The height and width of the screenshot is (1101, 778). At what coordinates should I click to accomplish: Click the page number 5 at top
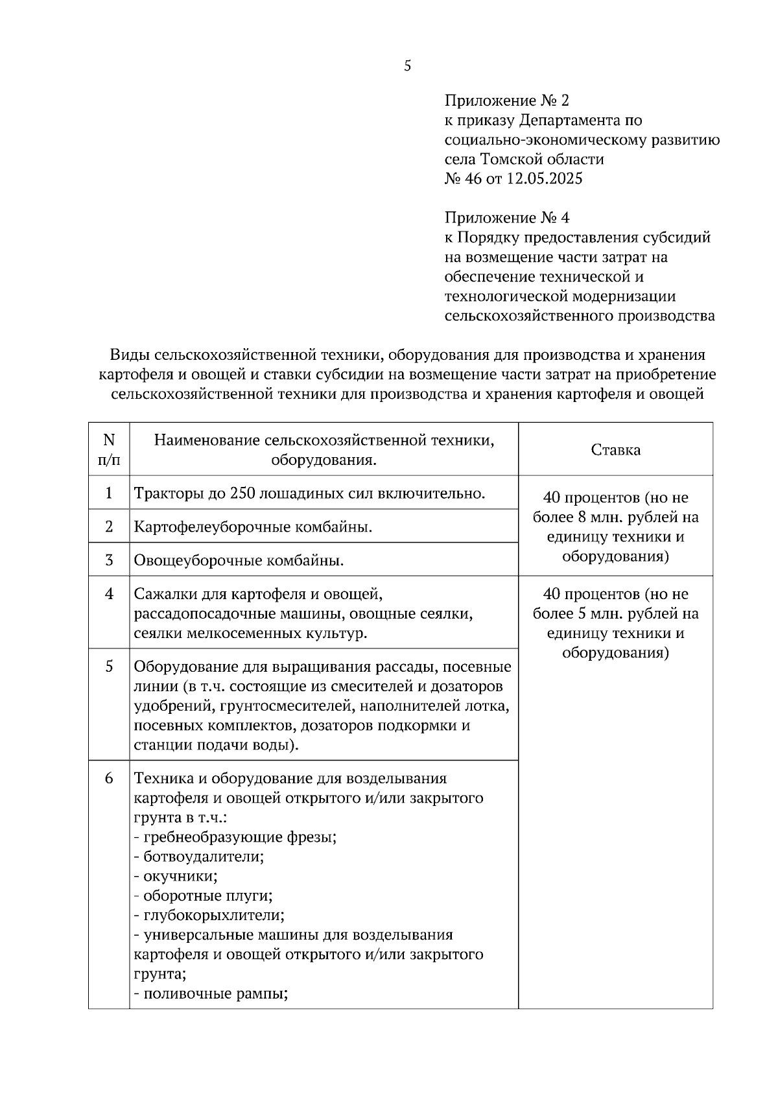pos(407,65)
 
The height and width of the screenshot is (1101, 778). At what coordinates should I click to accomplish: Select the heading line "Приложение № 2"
pos(506,101)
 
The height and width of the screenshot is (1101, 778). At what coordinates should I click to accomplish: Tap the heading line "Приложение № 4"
pos(506,218)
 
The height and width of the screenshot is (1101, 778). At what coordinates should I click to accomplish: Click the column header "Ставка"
pos(615,450)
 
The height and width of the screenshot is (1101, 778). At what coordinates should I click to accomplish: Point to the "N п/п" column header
pos(109,450)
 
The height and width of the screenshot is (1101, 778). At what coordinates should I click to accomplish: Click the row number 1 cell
pos(109,493)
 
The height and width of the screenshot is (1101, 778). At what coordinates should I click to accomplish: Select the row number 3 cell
pos(109,560)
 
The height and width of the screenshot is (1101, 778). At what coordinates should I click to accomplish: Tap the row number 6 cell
pos(109,778)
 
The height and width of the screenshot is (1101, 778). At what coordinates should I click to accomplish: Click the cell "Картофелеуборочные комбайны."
pos(253,527)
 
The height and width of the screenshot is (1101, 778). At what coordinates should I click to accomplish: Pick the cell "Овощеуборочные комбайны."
pos(239,560)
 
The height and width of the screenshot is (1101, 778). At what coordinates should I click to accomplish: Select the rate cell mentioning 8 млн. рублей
pos(615,527)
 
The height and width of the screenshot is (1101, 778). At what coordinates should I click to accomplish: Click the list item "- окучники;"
pos(176,876)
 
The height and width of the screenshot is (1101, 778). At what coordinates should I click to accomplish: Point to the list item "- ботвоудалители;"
pos(199,857)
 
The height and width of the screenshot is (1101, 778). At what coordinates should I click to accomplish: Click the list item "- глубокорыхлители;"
pos(209,916)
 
